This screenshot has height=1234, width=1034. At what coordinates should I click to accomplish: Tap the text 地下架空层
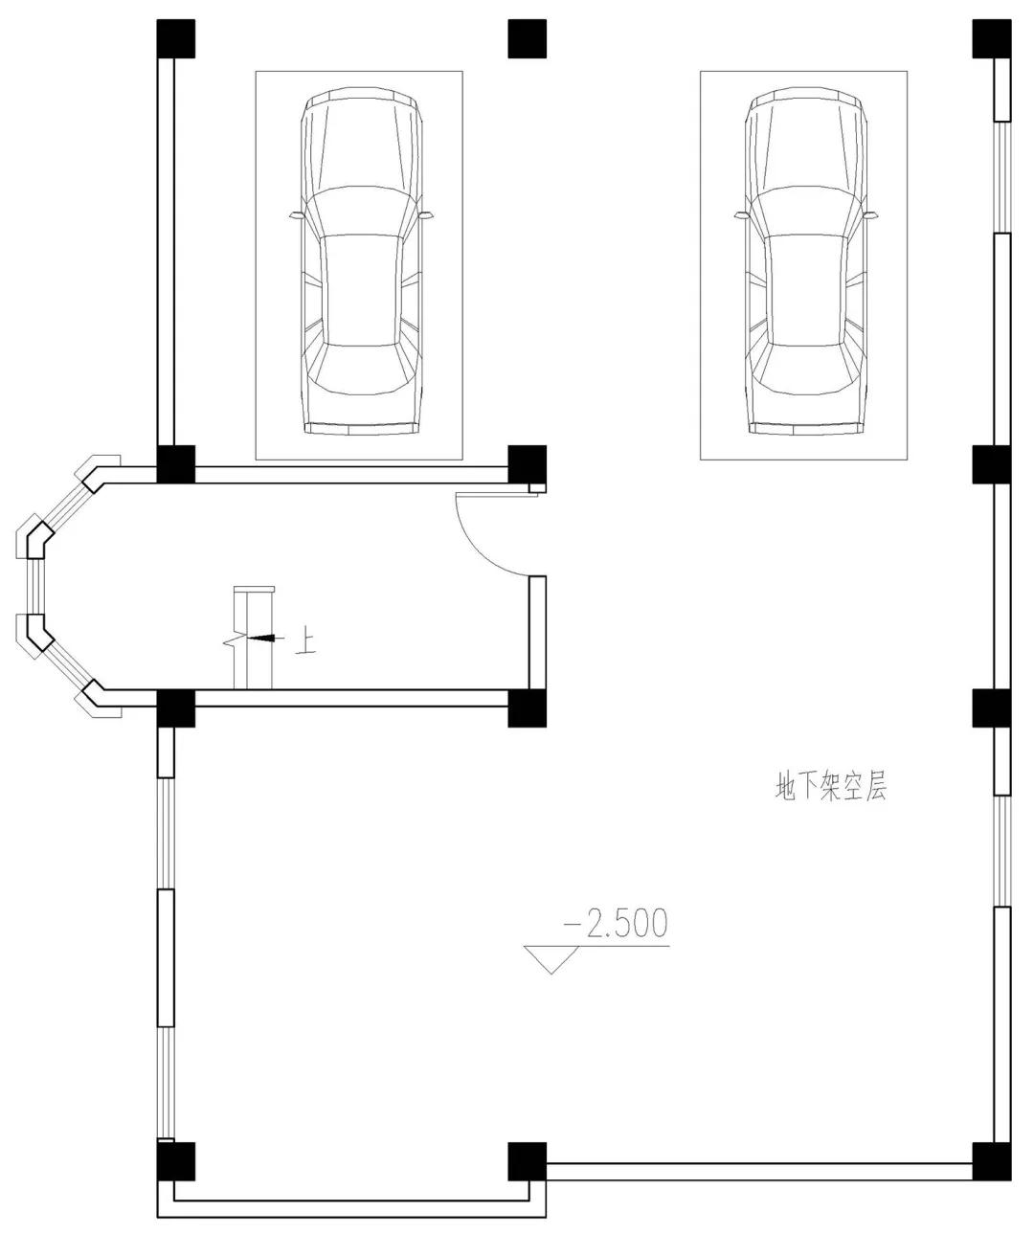click(831, 787)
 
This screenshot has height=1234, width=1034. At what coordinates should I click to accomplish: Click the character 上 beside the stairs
click(305, 639)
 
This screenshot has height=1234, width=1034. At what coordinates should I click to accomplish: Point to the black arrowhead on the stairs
click(262, 639)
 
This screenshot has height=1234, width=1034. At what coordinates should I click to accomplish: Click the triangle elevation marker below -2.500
click(551, 959)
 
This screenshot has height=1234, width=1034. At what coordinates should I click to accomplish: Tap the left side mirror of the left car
click(296, 215)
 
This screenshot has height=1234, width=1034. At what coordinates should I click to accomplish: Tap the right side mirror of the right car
click(870, 215)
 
